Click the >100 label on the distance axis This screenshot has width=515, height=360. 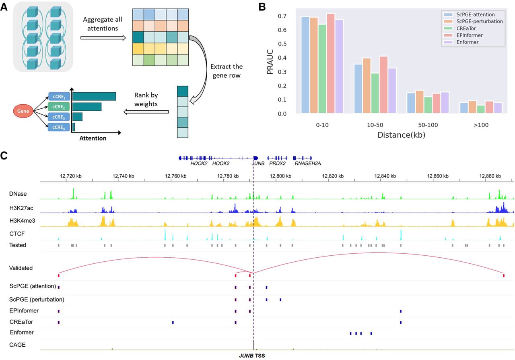point(481,125)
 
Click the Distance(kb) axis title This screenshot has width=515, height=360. point(401,135)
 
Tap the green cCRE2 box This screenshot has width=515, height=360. point(59,107)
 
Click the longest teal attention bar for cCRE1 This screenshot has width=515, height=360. point(94,96)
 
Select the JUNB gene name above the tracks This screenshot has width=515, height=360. point(258,164)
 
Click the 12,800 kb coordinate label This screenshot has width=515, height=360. point(277,176)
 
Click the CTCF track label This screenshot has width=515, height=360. point(17,234)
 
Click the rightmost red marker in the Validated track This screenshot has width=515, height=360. point(504,275)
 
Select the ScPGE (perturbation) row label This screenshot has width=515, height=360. point(37,300)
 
